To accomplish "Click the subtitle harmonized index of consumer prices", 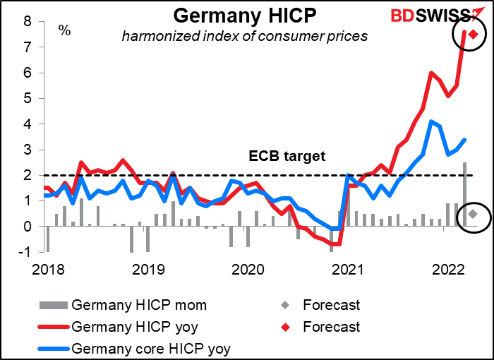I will point(245,35).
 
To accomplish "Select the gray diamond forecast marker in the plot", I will point(473,214).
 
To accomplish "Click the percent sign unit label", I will point(64,30).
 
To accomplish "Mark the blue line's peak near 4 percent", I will point(431,121).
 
